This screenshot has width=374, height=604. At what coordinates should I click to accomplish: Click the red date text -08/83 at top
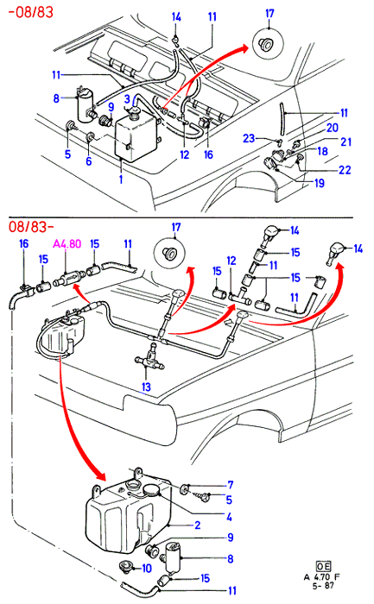(31, 12)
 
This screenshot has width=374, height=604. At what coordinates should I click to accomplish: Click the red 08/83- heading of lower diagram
(31, 226)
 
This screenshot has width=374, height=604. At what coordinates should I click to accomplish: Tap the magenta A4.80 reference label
(67, 244)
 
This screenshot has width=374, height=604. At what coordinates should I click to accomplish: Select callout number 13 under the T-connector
(146, 387)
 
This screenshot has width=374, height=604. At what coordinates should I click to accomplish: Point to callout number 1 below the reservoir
(121, 179)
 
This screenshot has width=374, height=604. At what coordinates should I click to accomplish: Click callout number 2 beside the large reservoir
(198, 525)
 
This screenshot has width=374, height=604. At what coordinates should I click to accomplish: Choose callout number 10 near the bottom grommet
(147, 569)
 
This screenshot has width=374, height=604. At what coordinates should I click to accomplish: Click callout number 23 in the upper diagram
(249, 138)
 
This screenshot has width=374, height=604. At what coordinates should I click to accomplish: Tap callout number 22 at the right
(345, 170)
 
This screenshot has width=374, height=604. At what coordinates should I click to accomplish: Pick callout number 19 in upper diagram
(320, 183)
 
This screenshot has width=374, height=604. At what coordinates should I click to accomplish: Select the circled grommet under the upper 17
(268, 43)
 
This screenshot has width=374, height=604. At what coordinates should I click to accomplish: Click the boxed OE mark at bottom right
(323, 566)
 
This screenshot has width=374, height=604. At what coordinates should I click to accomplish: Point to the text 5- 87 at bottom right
(323, 586)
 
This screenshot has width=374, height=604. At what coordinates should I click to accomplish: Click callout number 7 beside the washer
(230, 485)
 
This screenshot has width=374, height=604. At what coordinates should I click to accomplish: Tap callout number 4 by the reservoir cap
(229, 517)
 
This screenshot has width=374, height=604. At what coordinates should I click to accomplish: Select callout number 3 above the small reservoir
(127, 99)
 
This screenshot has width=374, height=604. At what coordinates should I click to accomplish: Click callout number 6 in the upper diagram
(89, 160)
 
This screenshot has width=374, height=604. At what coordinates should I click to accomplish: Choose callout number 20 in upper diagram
(333, 128)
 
